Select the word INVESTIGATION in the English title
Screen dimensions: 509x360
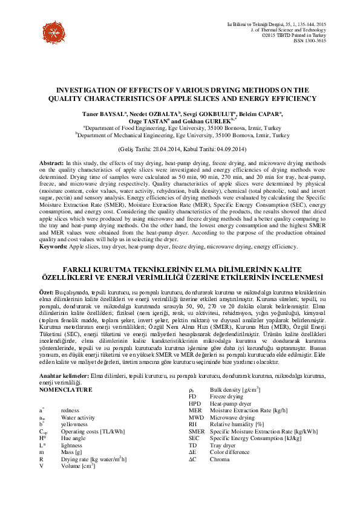pyautogui.click(x=90, y=89)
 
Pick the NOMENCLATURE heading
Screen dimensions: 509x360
pyautogui.click(x=68, y=390)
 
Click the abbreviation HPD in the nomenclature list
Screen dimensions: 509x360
pyautogui.click(x=195, y=403)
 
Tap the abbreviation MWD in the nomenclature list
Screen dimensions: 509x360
pyautogui.click(x=195, y=417)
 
